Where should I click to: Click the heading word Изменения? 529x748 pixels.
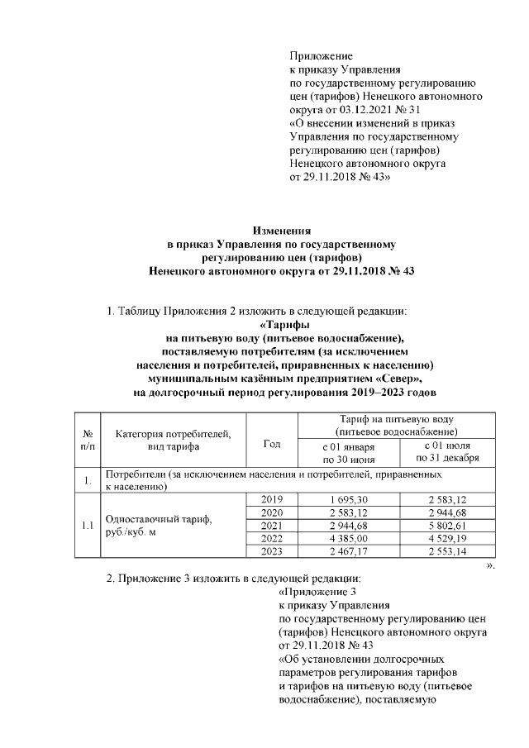point(282,231)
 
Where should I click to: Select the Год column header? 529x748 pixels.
point(271,444)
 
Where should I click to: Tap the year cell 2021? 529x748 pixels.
point(271,525)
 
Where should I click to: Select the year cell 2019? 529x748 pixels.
point(271,498)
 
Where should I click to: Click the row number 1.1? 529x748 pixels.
point(87,525)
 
